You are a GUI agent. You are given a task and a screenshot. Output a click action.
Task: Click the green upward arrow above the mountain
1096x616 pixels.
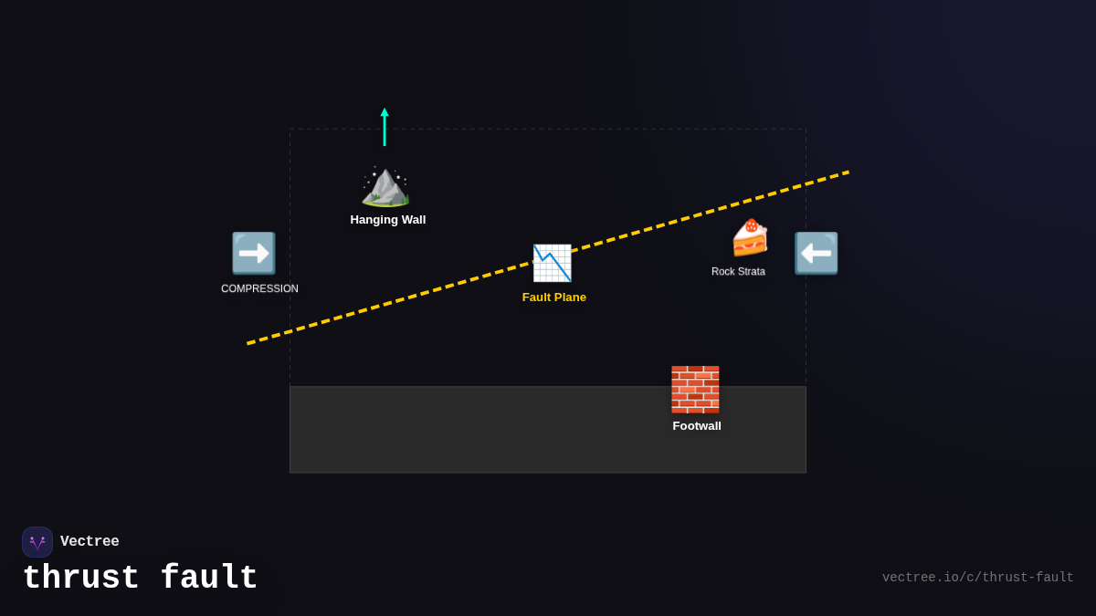pyautogui.click(x=385, y=127)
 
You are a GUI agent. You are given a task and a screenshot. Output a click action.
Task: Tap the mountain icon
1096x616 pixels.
pyautogui.click(x=385, y=186)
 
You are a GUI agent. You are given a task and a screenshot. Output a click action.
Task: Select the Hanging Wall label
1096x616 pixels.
pyautogui.click(x=388, y=220)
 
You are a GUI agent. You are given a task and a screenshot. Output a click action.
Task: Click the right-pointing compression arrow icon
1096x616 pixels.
pyautogui.click(x=253, y=253)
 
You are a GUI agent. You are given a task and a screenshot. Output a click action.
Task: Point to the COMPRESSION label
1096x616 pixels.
pyautogui.click(x=259, y=288)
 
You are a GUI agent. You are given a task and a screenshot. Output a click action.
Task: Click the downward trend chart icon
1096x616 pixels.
pyautogui.click(x=552, y=263)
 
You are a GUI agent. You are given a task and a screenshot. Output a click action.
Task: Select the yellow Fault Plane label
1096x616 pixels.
pyautogui.click(x=554, y=298)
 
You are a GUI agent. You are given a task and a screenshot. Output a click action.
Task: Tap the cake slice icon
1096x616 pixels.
pyautogui.click(x=749, y=238)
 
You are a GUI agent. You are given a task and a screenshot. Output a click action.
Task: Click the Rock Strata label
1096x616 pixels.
pyautogui.click(x=738, y=272)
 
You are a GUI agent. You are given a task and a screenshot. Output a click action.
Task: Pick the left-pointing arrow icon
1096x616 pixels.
pyautogui.click(x=816, y=253)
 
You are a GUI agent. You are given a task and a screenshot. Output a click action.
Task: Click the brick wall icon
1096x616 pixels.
pyautogui.click(x=695, y=390)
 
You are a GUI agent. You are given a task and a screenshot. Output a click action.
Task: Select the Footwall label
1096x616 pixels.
pyautogui.click(x=697, y=426)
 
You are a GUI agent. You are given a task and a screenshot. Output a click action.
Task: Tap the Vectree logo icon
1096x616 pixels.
pyautogui.click(x=37, y=542)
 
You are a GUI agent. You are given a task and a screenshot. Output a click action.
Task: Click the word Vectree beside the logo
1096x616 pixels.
pyautogui.click(x=90, y=542)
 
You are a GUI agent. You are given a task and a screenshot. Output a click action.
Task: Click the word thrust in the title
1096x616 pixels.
pyautogui.click(x=81, y=579)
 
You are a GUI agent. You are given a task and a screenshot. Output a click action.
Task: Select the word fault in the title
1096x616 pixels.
pyautogui.click(x=209, y=579)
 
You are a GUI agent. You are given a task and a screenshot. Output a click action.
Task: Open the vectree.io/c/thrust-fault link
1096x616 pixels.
pyautogui.click(x=977, y=578)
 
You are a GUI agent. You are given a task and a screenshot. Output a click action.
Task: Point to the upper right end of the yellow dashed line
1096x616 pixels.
pyautogui.click(x=848, y=172)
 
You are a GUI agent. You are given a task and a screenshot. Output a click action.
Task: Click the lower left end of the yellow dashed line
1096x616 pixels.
pyautogui.click(x=248, y=343)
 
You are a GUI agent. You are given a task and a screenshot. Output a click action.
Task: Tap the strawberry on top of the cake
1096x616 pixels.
pyautogui.click(x=751, y=224)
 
